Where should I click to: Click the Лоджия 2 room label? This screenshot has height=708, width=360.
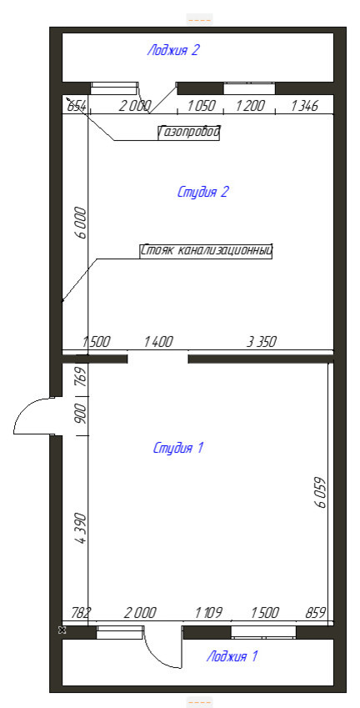coord(172,50)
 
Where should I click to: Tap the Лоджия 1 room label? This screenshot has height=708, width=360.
coord(232,656)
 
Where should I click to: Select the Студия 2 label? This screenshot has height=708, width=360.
coord(203,192)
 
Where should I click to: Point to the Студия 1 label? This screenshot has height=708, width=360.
coord(178,449)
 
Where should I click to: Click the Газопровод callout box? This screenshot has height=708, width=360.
coord(189,133)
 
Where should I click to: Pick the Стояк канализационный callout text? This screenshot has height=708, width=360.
coord(207,251)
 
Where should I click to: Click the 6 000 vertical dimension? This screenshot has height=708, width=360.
coord(80,223)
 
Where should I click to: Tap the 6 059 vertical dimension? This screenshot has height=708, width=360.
coord(321,492)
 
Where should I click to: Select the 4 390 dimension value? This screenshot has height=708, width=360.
coord(80,529)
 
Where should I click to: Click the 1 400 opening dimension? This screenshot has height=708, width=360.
coord(158,342)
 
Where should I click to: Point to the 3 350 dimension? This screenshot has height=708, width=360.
coord(261,342)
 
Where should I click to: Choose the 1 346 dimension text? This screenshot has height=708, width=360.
coord(305,107)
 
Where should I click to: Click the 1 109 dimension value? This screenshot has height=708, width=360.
coord(208,613)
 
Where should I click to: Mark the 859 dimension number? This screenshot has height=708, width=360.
coord(316,613)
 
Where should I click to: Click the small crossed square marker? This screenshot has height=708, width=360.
coord(62,630)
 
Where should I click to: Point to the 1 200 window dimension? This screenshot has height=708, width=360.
coord(249,107)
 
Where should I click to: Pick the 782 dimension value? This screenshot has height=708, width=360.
coord(82,613)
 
